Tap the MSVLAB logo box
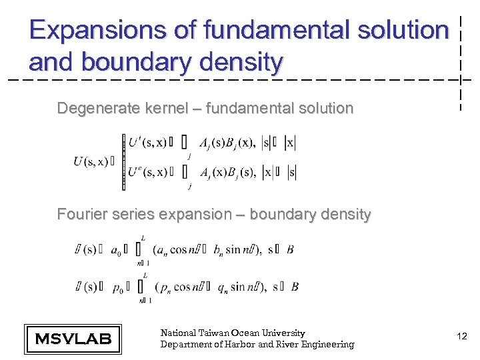73,338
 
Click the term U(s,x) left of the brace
91,161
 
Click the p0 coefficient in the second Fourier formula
117,287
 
